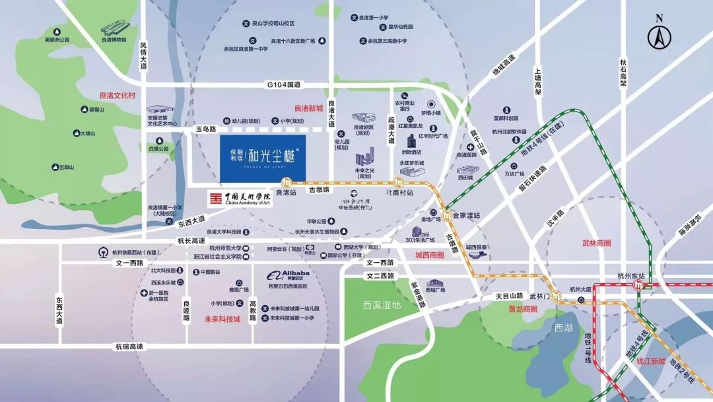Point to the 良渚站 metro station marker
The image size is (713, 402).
coord(287,184)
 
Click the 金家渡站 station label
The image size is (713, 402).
coord(467,215)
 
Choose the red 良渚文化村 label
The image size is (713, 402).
coord(117,95)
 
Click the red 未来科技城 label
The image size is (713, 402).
coord(222,319)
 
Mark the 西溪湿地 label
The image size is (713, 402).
coord(382,305)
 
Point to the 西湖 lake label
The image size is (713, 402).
coord(563,327)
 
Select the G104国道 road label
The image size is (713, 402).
coord(284,84)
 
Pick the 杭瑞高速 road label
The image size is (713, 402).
coord(129,347)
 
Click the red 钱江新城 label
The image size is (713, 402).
coord(651,361)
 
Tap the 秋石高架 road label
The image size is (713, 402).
coord(623,73)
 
